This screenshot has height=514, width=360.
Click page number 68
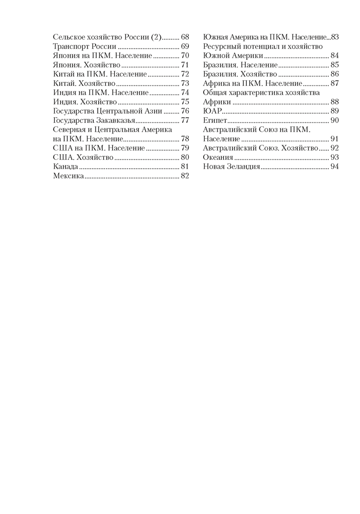pyautogui.click(x=185, y=37)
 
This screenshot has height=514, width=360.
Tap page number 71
pyautogui.click(x=185, y=65)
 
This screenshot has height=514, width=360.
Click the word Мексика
pyautogui.click(x=68, y=176)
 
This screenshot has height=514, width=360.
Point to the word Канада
pyautogui.click(x=66, y=167)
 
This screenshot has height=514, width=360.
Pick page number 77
pyautogui.click(x=185, y=120)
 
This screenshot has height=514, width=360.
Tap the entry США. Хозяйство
pyautogui.click(x=83, y=158)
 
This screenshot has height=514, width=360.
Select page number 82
pyautogui.click(x=185, y=176)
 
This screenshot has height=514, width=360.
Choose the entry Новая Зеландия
pyautogui.click(x=231, y=167)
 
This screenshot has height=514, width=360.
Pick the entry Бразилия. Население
pyautogui.click(x=240, y=65)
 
